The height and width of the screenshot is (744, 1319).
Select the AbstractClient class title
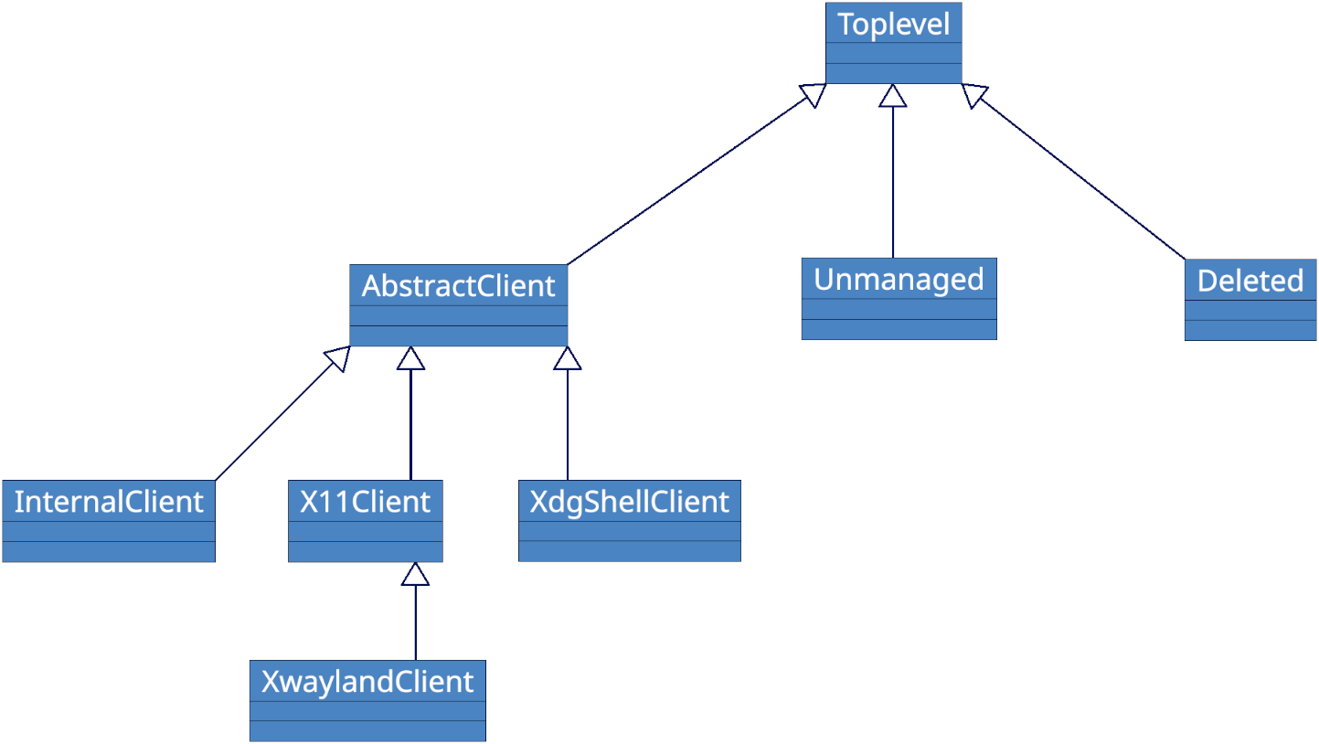pyautogui.click(x=458, y=286)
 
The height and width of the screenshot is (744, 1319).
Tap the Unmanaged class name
pyautogui.click(x=899, y=280)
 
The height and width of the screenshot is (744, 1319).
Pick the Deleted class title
pyautogui.click(x=1250, y=281)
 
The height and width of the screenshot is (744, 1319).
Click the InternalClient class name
pyautogui.click(x=108, y=502)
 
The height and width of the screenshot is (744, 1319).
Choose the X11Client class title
pyautogui.click(x=365, y=502)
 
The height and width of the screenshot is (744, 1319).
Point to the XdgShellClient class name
pyautogui.click(x=629, y=502)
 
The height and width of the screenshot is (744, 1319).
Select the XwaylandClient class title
pyautogui.click(x=367, y=682)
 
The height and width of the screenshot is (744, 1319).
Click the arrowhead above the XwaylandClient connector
pyautogui.click(x=416, y=574)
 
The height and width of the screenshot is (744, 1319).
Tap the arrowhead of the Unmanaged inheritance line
pyautogui.click(x=893, y=96)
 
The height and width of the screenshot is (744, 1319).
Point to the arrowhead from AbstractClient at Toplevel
pyautogui.click(x=813, y=94)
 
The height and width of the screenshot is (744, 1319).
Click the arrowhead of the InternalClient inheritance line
pyautogui.click(x=338, y=358)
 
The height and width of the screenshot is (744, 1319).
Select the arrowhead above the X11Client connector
pyautogui.click(x=411, y=358)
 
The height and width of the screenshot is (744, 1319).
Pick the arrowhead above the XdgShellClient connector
pyautogui.click(x=568, y=358)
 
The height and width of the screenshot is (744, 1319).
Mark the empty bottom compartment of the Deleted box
pyautogui.click(x=1250, y=330)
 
